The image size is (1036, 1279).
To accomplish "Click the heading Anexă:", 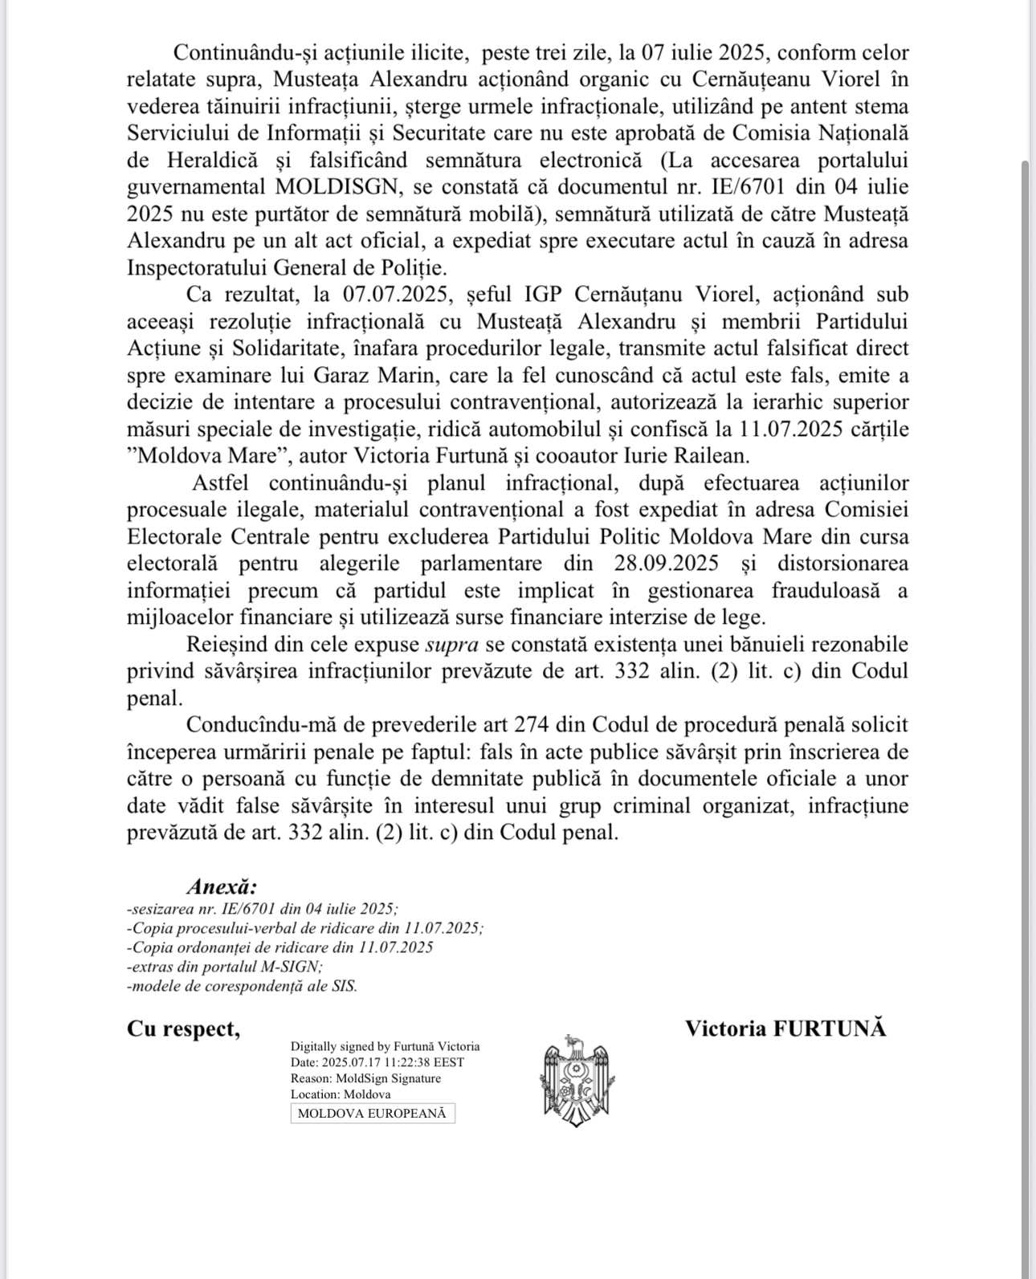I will pos(222,886).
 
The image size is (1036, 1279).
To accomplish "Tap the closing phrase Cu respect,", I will pos(183,1028).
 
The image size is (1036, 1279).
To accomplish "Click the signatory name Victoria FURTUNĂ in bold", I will pos(785,1028).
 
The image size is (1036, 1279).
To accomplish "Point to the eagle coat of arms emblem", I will pos(577,1081).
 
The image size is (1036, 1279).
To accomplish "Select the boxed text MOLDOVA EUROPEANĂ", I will pos(373,1114).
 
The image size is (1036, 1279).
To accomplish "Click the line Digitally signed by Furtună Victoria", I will pos(385,1046).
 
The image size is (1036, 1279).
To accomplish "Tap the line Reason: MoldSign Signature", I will pos(365,1078).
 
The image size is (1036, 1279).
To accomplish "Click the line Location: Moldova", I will pos(341,1094).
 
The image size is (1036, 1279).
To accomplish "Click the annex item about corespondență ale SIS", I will pos(242,986).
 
